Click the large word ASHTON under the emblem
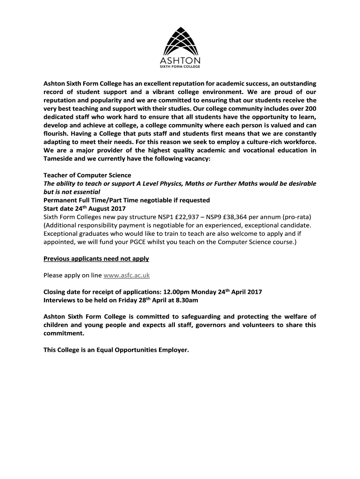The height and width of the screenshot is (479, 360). coord(180,61)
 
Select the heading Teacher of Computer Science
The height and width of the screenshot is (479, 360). coord(81,175)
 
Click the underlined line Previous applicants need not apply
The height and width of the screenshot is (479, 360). coord(96,259)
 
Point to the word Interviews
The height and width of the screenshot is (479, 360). coord(60,300)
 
